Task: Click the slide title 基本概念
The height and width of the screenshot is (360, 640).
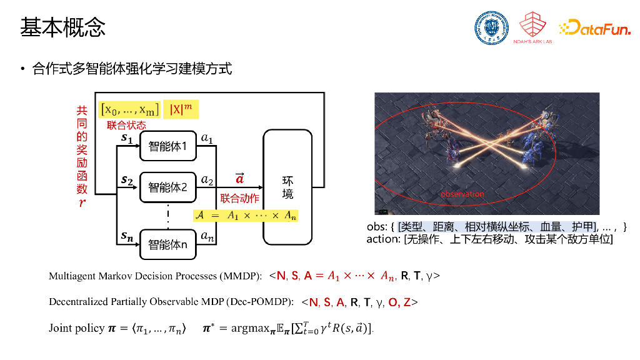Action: [x=62, y=27]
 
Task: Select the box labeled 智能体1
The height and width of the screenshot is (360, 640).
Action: [x=167, y=146]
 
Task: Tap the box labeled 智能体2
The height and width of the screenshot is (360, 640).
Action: [x=167, y=186]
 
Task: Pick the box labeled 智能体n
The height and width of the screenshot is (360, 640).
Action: [x=167, y=244]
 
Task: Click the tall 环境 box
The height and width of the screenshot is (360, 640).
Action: [x=287, y=187]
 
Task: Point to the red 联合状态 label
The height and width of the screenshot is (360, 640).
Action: [x=126, y=125]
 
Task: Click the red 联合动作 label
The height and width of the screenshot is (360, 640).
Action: [x=239, y=199]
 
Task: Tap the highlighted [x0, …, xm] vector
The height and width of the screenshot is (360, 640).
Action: [x=130, y=109]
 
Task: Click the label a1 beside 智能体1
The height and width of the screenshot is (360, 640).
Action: [x=207, y=137]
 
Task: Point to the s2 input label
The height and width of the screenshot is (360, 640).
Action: [x=127, y=181]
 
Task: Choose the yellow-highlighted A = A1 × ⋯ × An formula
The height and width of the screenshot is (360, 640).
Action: [x=246, y=216]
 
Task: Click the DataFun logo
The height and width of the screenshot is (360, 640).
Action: [x=594, y=27]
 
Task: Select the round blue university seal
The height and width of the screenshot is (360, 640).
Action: [x=491, y=28]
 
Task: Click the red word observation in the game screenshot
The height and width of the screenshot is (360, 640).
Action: [x=462, y=194]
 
